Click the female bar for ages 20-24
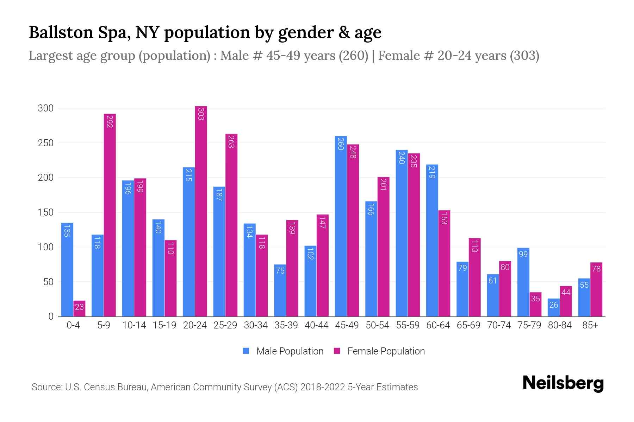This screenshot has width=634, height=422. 201,211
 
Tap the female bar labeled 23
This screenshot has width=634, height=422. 79,308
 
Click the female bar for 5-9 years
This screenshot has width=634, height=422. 110,215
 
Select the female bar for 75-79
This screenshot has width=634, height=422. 535,304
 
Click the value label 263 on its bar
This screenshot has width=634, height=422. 231,141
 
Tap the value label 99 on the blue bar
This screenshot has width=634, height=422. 523,254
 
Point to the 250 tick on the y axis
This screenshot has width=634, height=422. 45,143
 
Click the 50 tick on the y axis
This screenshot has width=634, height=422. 48,282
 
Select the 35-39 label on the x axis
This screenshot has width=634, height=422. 286,325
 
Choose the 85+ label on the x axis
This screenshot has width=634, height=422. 590,325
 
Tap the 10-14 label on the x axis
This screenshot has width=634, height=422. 134,325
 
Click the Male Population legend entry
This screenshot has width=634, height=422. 284,351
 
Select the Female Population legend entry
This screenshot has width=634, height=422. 380,351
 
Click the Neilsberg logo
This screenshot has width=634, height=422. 563,383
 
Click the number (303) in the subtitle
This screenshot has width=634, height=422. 524,56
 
